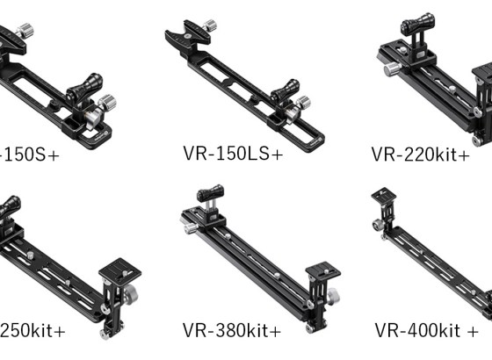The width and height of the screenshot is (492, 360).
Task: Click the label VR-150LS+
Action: click(x=233, y=154)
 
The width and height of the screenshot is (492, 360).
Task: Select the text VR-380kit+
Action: click(x=232, y=330)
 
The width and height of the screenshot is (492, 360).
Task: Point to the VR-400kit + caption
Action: click(x=426, y=330)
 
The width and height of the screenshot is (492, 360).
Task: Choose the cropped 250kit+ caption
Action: click(x=33, y=330)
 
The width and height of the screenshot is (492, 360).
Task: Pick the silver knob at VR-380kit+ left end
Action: click(x=187, y=222)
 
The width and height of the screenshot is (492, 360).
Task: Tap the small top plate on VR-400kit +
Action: click(x=384, y=195)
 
